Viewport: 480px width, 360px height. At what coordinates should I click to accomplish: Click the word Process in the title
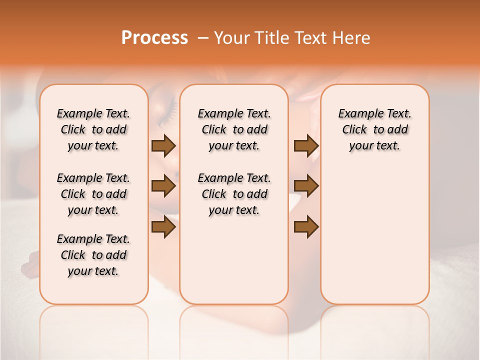(154, 38)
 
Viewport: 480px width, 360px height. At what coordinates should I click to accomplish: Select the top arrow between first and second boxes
(163, 146)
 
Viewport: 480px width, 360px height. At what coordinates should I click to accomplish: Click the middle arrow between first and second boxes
(163, 186)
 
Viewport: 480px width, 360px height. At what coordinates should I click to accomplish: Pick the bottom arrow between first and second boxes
(163, 227)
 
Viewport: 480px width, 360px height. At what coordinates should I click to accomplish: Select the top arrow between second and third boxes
(306, 146)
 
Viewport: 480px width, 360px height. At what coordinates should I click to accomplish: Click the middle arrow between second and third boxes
(306, 186)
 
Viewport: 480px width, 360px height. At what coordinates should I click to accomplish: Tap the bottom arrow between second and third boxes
(306, 227)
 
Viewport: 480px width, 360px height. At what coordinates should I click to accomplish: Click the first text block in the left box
(93, 129)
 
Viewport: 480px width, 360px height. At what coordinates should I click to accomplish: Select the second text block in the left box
(93, 194)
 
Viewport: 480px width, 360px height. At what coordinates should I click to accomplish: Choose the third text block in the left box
(93, 255)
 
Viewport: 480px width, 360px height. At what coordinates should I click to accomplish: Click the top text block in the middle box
(234, 129)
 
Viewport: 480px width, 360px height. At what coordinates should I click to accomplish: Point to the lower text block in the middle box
(234, 194)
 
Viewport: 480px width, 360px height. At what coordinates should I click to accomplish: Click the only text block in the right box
(374, 129)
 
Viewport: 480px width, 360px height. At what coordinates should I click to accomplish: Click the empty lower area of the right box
(374, 235)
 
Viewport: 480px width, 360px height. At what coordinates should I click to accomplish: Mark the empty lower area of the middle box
(234, 260)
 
